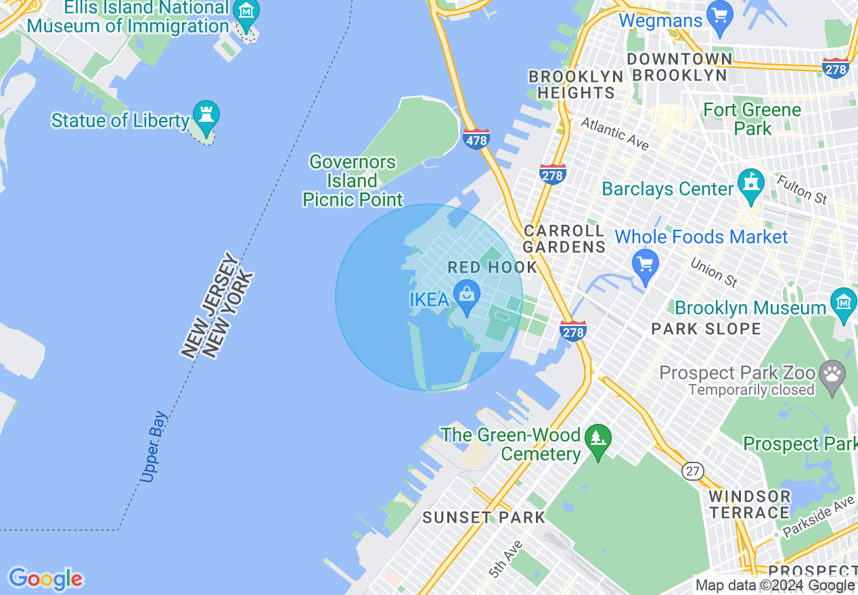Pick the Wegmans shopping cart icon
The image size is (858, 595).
pos(719,14)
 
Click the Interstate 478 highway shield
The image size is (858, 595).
pos(476,140)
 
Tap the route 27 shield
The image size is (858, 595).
pos(693,471)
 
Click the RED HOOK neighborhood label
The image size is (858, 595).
pos(493,267)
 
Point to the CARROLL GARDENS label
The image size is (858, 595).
pos(564,239)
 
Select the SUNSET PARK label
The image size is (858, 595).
pos(484,518)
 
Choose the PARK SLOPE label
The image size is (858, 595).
pos(706,329)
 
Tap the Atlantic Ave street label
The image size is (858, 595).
pos(614,134)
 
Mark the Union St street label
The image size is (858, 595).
pos(714,271)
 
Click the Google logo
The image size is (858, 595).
pos(45,579)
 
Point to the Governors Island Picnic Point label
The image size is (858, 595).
pos(353,181)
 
